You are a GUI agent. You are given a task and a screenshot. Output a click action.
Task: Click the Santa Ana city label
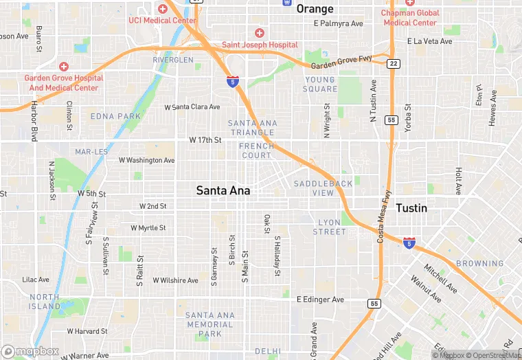pyautogui.click(x=223, y=190)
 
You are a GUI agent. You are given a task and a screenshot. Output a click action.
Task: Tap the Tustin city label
pyautogui.click(x=411, y=207)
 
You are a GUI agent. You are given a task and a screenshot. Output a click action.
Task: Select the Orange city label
pyautogui.click(x=315, y=9)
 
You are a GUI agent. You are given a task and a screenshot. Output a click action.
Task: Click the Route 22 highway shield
pyautogui.click(x=392, y=63)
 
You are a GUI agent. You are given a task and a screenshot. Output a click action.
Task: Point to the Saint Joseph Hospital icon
pyautogui.click(x=259, y=33)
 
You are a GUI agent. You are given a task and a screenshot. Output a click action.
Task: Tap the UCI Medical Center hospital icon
pyautogui.click(x=163, y=9)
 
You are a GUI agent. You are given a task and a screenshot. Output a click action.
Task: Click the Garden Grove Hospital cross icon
pyautogui.click(x=63, y=66)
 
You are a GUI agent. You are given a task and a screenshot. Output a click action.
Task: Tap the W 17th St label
pyautogui.click(x=205, y=140)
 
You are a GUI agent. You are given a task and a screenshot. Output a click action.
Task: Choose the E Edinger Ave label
pyautogui.click(x=320, y=300)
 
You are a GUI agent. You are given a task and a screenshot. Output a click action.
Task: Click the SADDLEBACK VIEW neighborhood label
pyautogui.click(x=323, y=188)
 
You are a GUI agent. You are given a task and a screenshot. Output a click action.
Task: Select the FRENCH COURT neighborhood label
pyautogui.click(x=256, y=150)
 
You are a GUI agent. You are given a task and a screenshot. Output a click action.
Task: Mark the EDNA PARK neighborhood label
pyautogui.click(x=115, y=117)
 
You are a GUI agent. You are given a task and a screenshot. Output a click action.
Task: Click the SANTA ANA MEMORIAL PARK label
pyautogui.click(x=210, y=324)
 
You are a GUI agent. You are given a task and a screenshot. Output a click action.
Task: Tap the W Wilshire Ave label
pyautogui.click(x=175, y=280)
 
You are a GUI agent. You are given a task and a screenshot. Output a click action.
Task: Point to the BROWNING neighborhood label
pyautogui.click(x=480, y=263)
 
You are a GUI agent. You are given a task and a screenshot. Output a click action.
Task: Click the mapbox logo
pyautogui.click(x=30, y=351)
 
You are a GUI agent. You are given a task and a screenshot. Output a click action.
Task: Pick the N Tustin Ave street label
pyautogui.click(x=374, y=100)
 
